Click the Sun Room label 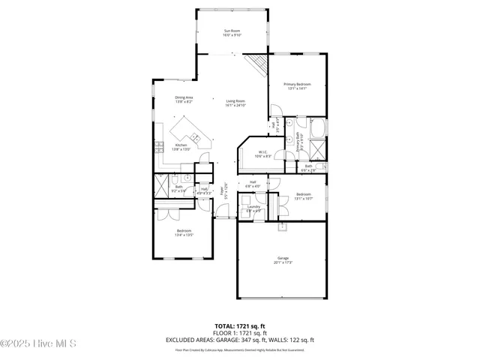point(232,31)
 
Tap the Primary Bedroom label point(297,84)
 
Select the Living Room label point(235,101)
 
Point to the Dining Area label point(184,97)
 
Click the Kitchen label point(181,145)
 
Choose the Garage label point(282,258)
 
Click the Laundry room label point(253,206)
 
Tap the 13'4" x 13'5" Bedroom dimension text point(184,235)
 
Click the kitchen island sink point(194,136)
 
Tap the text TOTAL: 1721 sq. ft point(240,325)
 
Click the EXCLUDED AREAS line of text point(240,340)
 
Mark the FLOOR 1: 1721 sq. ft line point(240,333)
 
